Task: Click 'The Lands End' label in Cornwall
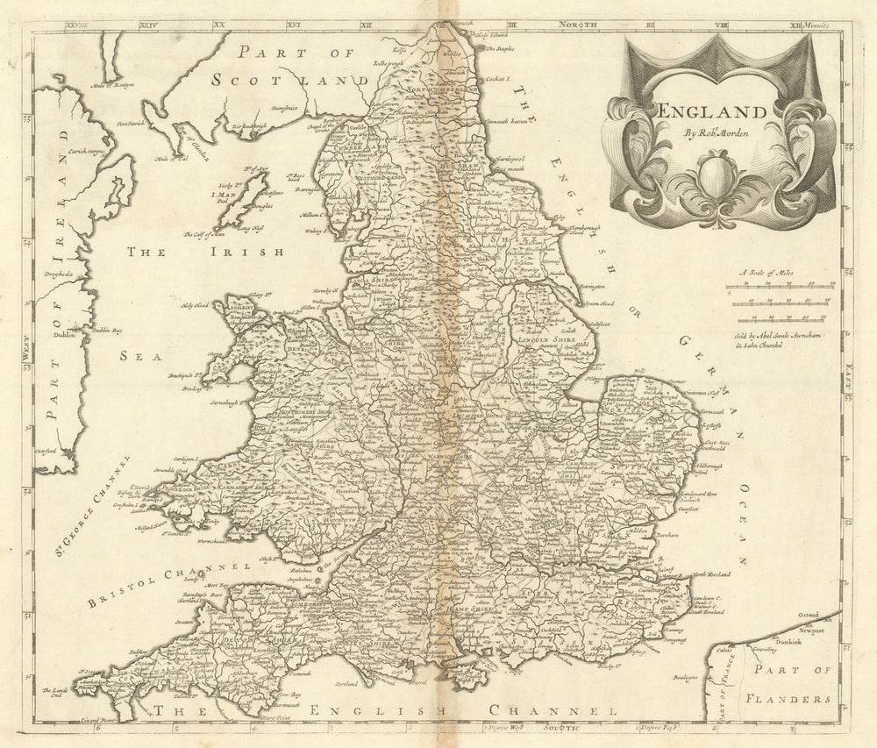86,694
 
